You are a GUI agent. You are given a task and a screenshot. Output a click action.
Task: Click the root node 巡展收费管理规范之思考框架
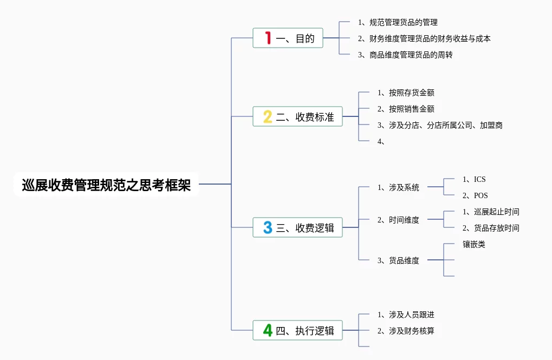tap(106, 185)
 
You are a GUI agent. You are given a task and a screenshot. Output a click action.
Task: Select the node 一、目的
tap(288, 38)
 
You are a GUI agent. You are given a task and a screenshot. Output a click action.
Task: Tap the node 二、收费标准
tap(297, 116)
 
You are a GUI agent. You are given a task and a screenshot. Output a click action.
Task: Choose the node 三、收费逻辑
tap(297, 227)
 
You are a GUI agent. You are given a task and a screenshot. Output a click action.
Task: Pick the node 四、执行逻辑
tap(297, 330)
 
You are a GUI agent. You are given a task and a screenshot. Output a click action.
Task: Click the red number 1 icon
tap(267, 38)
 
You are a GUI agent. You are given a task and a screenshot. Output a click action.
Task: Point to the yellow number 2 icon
tap(267, 116)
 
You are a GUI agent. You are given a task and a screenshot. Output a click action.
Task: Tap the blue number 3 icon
tap(267, 227)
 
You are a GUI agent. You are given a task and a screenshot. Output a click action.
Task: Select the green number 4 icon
tap(267, 330)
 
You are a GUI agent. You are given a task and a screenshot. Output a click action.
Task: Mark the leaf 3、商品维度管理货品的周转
tap(405, 55)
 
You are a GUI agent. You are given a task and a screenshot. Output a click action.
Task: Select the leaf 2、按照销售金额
tap(406, 109)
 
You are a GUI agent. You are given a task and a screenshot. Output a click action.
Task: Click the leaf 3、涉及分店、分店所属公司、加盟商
tap(440, 125)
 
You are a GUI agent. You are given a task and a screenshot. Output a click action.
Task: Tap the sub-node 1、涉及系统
tap(398, 187)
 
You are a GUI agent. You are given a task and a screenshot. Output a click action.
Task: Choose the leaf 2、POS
tap(475, 195)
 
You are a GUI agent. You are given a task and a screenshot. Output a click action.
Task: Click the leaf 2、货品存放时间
tap(491, 228)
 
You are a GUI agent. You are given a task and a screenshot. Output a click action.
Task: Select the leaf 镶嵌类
tap(474, 244)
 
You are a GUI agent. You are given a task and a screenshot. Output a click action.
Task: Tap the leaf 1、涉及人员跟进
tap(406, 315)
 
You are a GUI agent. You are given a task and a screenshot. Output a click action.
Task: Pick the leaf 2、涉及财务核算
tap(406, 331)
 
